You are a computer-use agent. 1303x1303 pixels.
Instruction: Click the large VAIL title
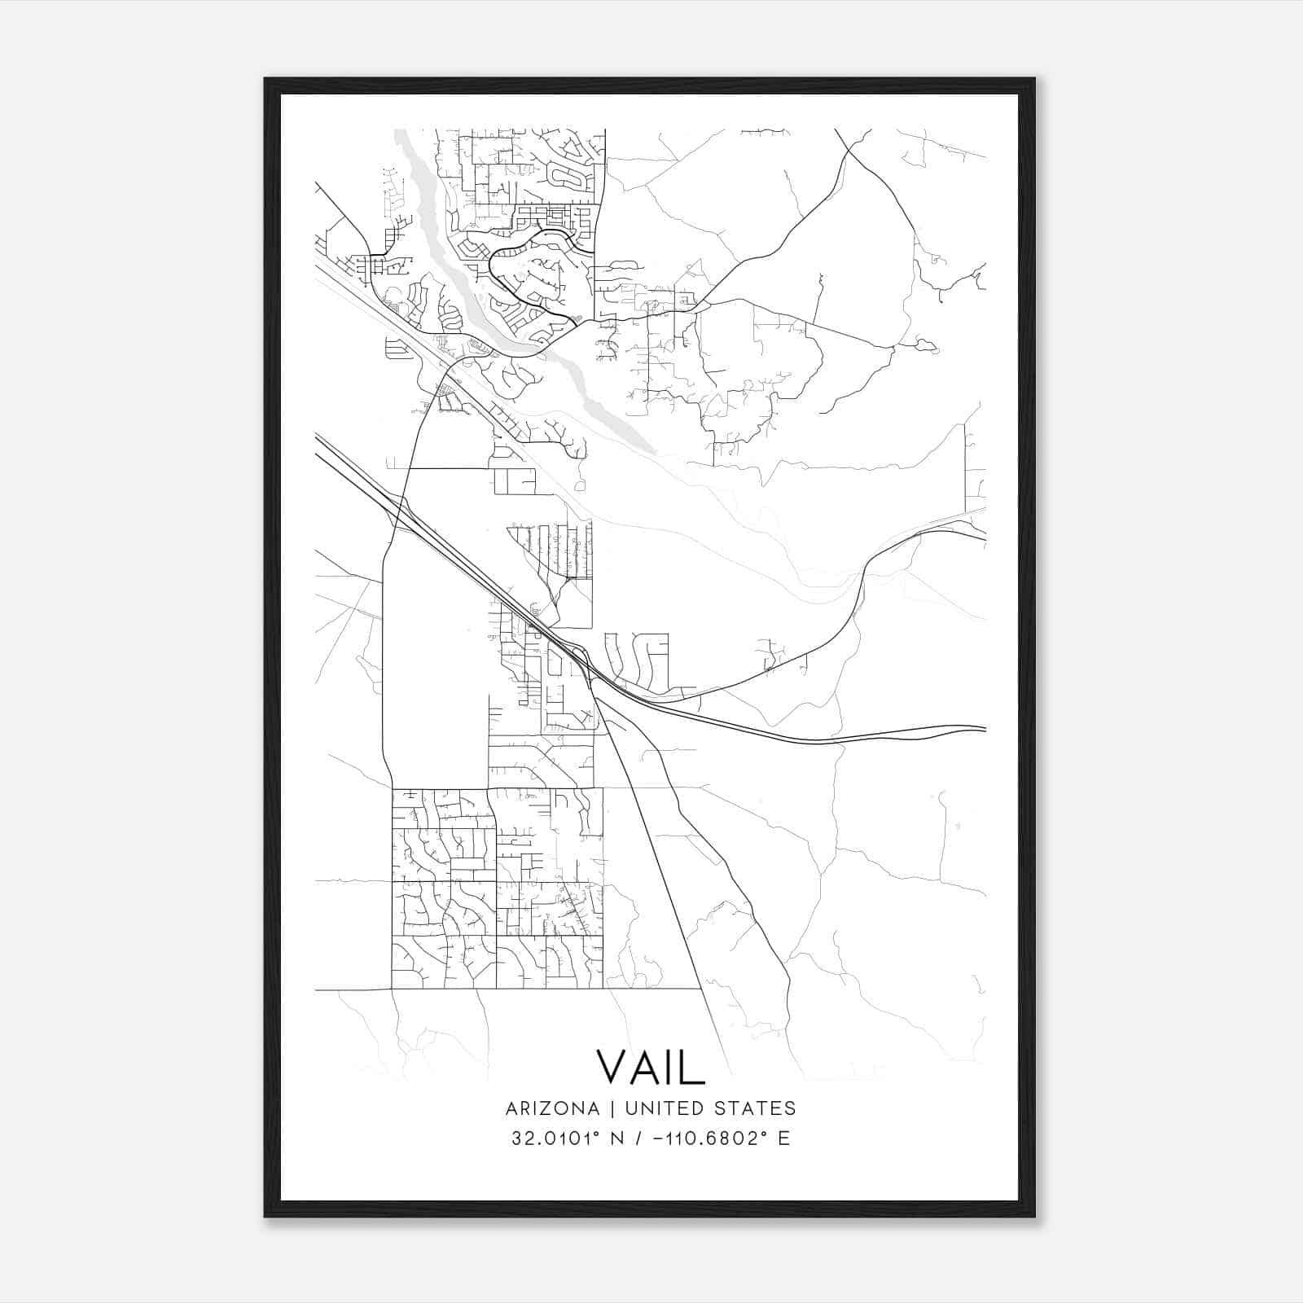650,1066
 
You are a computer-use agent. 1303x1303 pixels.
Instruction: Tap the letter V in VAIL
612,1066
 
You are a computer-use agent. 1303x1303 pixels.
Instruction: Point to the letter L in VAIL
692,1066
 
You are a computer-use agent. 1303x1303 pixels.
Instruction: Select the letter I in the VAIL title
666,1066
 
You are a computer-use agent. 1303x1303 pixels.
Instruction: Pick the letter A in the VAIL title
643,1066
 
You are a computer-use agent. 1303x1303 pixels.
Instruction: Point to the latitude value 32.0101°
560,1138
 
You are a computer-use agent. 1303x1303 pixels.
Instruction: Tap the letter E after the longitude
784,1138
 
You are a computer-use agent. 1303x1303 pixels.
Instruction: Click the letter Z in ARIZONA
548,1108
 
